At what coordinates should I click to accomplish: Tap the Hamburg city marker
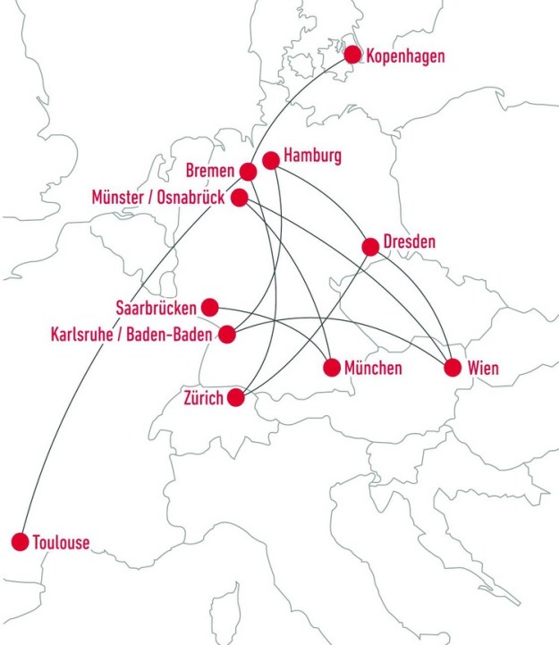pos(270,160)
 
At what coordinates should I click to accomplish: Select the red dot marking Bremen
pos(249,171)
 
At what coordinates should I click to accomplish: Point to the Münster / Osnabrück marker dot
pos(240,198)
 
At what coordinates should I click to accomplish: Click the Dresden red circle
pos(370,246)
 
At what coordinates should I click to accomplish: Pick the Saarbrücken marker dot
pos(210,307)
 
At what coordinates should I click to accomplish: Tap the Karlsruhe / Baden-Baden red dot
pos(227,335)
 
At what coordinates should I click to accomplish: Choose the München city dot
pos(332,367)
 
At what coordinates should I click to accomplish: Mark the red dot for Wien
pos(453,367)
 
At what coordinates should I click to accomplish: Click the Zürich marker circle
pos(237,398)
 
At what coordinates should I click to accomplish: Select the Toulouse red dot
pos(20,541)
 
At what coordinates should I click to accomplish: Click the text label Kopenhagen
pos(405,56)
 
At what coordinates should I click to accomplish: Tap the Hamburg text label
pos(312,157)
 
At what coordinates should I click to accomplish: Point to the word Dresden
pos(409,242)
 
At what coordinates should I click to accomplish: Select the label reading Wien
pos(482,368)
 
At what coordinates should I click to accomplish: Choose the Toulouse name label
pos(61,542)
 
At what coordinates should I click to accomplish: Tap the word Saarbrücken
pos(157,308)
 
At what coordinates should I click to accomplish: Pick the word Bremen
pos(210,171)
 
